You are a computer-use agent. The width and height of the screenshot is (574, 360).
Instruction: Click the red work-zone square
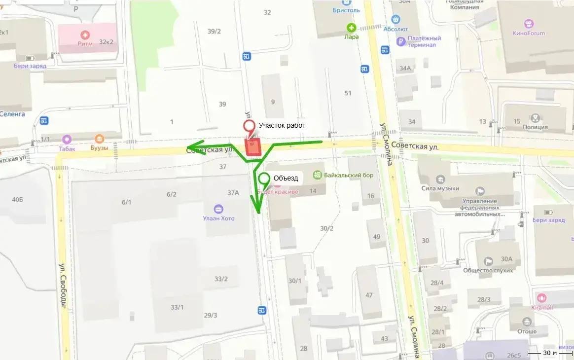(x=253, y=147)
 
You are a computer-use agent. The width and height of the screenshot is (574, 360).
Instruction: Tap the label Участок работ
(x=282, y=125)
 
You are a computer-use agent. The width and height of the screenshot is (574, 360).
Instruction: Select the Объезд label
(x=286, y=178)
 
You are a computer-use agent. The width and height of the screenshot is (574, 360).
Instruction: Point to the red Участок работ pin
(x=250, y=127)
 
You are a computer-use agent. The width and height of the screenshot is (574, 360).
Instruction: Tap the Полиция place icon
(x=536, y=118)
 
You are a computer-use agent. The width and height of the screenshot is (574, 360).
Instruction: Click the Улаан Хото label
(x=218, y=218)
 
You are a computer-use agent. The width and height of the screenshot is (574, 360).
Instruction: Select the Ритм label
(x=85, y=43)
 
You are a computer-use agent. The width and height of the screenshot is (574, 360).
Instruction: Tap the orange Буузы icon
(x=100, y=140)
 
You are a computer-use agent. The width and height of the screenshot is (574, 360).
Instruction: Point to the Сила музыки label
(x=440, y=188)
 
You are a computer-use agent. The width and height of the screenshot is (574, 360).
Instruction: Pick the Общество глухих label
(x=488, y=270)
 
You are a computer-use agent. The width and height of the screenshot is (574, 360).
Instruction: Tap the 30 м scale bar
(x=549, y=353)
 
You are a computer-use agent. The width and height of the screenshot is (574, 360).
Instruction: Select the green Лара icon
(x=351, y=28)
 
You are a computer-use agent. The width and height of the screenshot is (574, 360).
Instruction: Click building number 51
(x=348, y=93)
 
